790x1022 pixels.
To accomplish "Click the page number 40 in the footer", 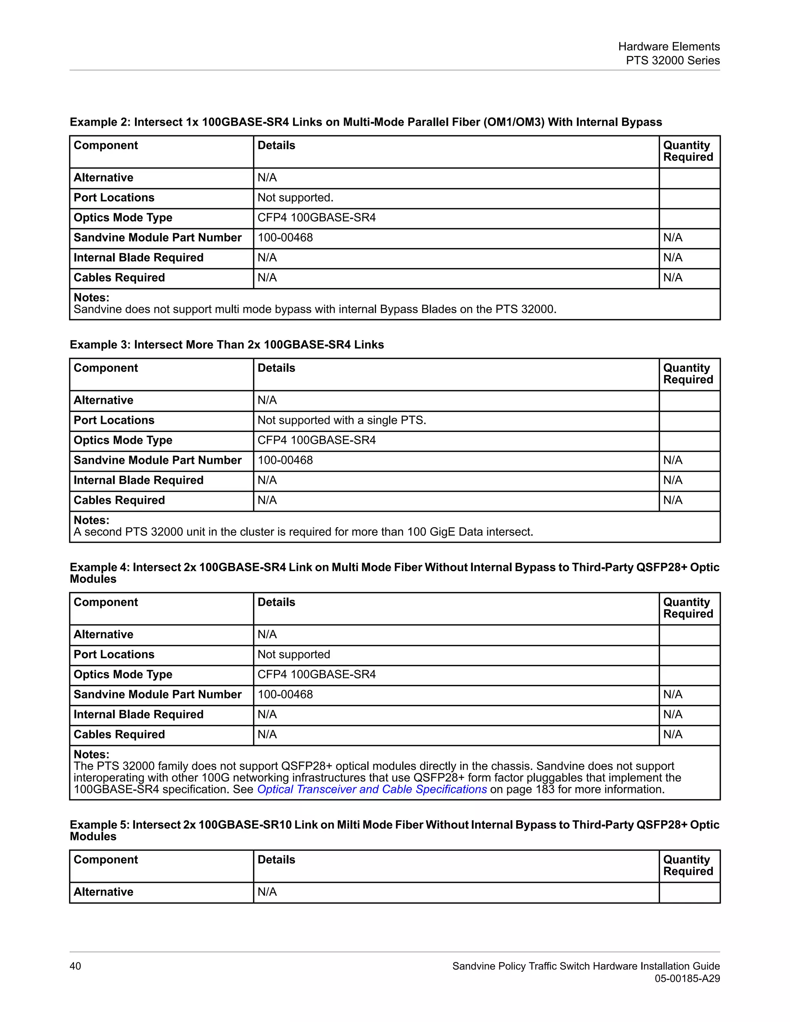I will tap(75, 966).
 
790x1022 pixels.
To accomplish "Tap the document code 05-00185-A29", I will tap(687, 978).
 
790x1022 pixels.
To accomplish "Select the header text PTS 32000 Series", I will tap(672, 61).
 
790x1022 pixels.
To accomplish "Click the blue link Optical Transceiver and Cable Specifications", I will tap(372, 789).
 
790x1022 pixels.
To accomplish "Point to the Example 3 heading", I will tap(226, 345).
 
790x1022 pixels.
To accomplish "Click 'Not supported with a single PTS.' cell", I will tap(342, 420).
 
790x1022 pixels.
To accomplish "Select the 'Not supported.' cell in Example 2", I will tap(295, 197).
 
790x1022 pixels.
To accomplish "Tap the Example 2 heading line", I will tap(366, 122).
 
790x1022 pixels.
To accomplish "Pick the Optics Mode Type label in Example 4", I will tap(123, 674).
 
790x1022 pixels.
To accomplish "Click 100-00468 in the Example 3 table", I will tap(285, 460).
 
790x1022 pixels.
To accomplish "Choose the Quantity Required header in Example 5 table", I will tap(688, 865).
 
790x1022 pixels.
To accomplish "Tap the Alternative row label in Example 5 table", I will tap(103, 892).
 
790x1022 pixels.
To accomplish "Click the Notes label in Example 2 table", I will tap(91, 298).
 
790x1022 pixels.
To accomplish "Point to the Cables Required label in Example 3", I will tap(119, 500).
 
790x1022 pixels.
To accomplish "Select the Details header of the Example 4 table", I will tap(276, 602).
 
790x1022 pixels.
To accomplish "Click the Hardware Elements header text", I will tap(669, 46).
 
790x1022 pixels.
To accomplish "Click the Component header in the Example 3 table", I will tap(106, 368).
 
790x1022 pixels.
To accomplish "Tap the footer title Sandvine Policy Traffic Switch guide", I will tap(586, 966).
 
